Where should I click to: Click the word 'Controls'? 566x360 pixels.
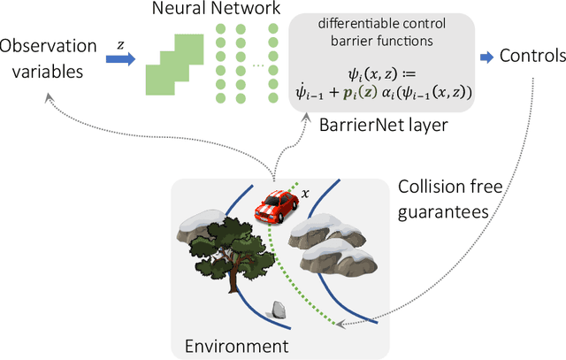532,57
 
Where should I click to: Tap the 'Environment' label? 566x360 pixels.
237,345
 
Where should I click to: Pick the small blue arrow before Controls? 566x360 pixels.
486,57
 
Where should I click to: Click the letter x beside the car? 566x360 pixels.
305,192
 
